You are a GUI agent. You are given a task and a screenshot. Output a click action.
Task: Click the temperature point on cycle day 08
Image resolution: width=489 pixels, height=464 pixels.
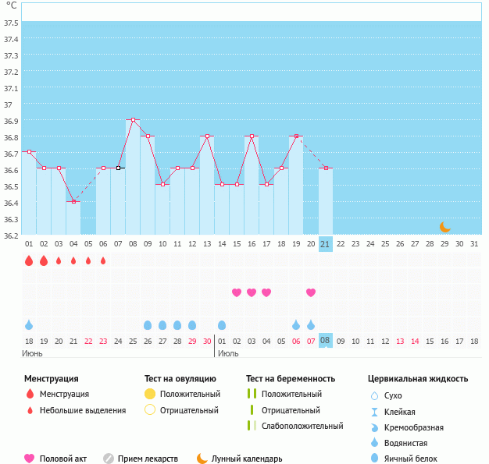(x=133, y=120)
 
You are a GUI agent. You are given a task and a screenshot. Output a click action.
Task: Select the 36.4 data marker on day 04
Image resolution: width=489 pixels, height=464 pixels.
(x=73, y=201)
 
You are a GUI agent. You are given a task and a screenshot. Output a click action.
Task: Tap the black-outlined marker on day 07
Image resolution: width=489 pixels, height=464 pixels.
(x=118, y=168)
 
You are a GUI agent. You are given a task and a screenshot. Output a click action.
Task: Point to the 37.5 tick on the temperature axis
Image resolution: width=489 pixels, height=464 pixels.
(x=11, y=23)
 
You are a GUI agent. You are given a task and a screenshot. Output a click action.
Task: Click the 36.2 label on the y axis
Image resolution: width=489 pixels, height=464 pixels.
(x=11, y=236)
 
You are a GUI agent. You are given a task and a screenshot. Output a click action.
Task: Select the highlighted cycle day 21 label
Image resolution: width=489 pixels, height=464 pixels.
(x=325, y=244)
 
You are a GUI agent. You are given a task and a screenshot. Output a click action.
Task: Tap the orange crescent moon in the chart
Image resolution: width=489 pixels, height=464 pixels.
(x=445, y=227)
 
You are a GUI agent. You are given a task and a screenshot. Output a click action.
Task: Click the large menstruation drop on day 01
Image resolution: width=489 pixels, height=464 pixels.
(x=29, y=260)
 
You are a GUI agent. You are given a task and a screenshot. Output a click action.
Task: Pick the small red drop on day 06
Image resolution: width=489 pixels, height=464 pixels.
(x=103, y=260)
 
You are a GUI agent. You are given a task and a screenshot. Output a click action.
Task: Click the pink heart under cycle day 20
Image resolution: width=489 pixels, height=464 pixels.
(x=311, y=292)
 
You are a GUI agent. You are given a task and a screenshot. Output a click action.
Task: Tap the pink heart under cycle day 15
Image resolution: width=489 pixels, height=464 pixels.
(x=237, y=292)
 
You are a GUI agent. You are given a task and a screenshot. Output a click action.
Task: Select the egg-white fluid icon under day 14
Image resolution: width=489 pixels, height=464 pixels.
(x=222, y=325)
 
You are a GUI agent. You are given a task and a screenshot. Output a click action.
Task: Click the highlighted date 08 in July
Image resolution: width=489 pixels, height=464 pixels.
(x=325, y=340)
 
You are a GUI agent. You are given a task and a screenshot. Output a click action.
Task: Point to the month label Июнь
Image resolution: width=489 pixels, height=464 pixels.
(x=32, y=353)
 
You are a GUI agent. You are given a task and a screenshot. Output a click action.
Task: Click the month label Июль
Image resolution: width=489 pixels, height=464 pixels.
(x=228, y=353)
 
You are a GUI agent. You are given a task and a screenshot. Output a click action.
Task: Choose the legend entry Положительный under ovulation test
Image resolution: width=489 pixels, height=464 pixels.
(x=190, y=394)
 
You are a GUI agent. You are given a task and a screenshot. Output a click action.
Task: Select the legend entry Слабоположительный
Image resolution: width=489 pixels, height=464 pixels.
(x=302, y=426)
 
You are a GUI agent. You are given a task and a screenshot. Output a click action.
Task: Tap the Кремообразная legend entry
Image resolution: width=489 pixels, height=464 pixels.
(x=414, y=427)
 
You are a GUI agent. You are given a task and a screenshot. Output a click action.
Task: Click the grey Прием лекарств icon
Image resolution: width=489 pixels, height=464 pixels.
(x=109, y=459)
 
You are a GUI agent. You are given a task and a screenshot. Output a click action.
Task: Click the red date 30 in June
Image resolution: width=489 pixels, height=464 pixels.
(x=207, y=342)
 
